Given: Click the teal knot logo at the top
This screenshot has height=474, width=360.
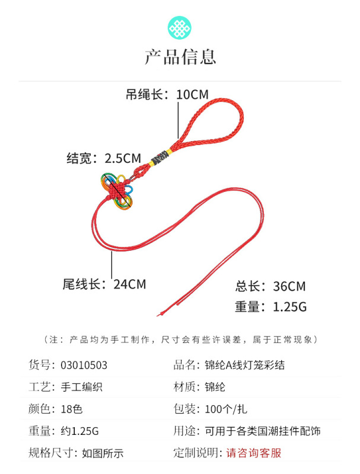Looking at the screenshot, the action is tap(180, 27).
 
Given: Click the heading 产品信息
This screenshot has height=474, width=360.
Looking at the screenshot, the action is tap(180, 57).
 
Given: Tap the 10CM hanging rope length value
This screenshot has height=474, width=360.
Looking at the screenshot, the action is tap(193, 94).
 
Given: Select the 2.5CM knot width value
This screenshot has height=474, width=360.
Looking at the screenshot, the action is tap(123, 158).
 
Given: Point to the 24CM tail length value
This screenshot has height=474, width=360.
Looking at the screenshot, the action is tap(129, 284).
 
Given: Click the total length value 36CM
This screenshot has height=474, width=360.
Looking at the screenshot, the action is tap(289, 287).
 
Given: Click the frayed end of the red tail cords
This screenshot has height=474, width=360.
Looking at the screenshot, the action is tap(161, 311).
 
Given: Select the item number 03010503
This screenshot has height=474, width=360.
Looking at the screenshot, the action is tap(84, 365).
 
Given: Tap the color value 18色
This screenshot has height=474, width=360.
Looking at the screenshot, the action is tap(73, 409).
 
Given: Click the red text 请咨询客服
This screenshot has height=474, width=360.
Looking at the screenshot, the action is tap(254, 453).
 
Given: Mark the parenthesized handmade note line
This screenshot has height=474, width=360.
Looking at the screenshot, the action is tap(180, 340).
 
